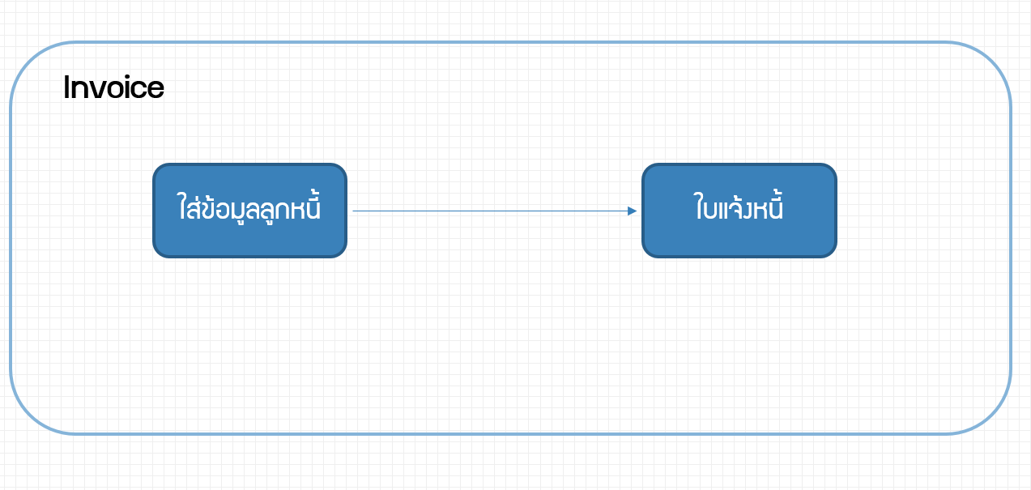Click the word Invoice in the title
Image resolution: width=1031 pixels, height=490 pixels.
[113, 87]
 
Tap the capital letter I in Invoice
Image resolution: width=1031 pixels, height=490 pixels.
[66, 87]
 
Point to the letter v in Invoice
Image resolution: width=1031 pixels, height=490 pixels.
[97, 90]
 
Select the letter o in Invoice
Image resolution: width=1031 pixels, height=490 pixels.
[115, 90]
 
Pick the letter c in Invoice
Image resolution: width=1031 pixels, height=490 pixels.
[139, 90]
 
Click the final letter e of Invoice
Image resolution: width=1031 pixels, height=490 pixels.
[156, 90]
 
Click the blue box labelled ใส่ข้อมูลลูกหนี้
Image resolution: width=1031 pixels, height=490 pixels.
[250, 211]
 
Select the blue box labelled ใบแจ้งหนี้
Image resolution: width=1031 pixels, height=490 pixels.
[739, 211]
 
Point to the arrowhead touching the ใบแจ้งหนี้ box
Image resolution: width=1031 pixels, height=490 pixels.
[633, 211]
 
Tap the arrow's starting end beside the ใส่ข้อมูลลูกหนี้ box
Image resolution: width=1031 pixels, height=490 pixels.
[353, 211]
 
